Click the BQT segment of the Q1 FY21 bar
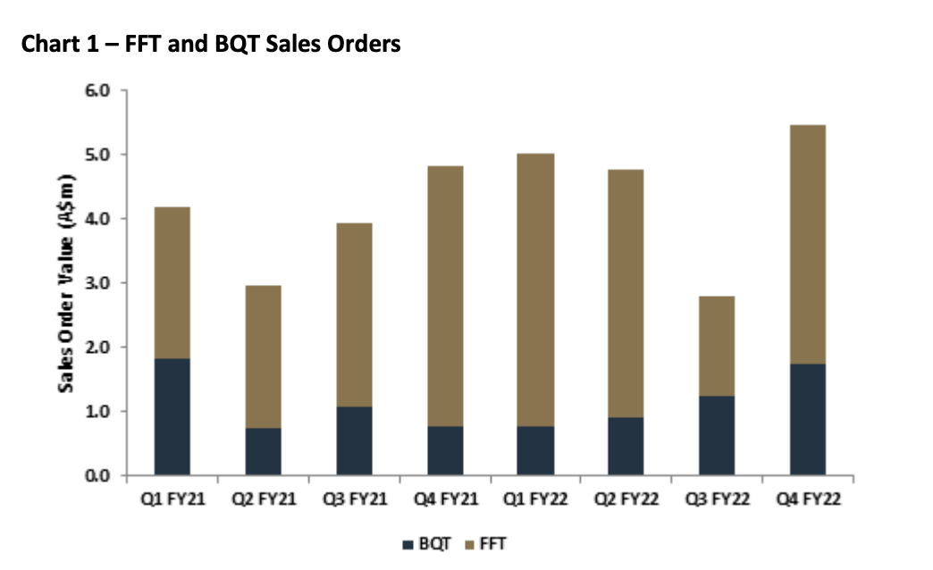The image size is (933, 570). click(x=172, y=416)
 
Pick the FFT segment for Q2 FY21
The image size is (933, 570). click(x=263, y=356)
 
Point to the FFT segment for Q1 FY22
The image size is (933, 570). click(x=535, y=289)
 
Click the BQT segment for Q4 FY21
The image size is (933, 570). click(x=444, y=450)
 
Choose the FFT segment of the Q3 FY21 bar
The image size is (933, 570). click(x=354, y=314)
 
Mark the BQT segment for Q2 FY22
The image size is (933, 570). click(x=626, y=446)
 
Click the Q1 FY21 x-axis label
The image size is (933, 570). click(x=172, y=499)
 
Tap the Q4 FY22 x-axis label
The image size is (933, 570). click(x=807, y=499)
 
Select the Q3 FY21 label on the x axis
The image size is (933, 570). click(x=354, y=499)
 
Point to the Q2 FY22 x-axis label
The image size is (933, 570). click(x=626, y=499)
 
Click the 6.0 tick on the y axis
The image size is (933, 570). click(x=97, y=90)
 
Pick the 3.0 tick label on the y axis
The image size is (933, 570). click(x=97, y=283)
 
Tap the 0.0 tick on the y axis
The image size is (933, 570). click(x=97, y=475)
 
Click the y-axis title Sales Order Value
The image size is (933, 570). click(x=66, y=283)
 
